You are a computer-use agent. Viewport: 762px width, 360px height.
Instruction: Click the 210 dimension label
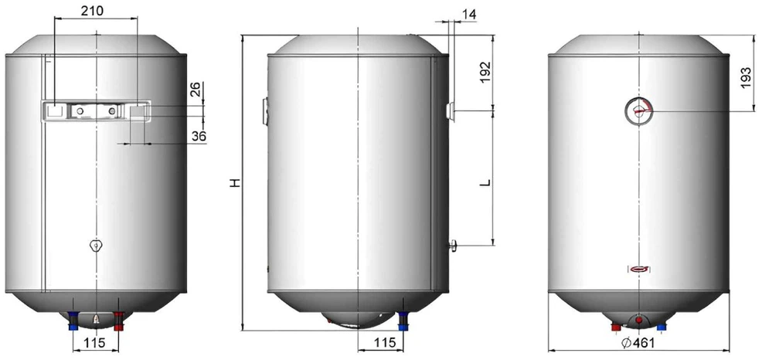(92, 11)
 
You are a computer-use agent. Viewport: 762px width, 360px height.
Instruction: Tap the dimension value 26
(195, 89)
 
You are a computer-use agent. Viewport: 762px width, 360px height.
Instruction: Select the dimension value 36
(199, 137)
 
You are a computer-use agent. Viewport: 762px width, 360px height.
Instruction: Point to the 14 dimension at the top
(469, 14)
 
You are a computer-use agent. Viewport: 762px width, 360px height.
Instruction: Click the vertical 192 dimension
(485, 73)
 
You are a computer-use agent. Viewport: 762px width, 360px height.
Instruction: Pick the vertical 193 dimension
(746, 78)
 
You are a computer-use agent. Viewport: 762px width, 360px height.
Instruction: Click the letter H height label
(235, 183)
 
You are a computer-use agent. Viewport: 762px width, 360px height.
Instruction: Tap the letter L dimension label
(485, 183)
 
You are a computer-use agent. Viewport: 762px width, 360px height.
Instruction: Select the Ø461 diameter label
(638, 342)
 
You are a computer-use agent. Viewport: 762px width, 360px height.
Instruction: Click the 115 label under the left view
(94, 342)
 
